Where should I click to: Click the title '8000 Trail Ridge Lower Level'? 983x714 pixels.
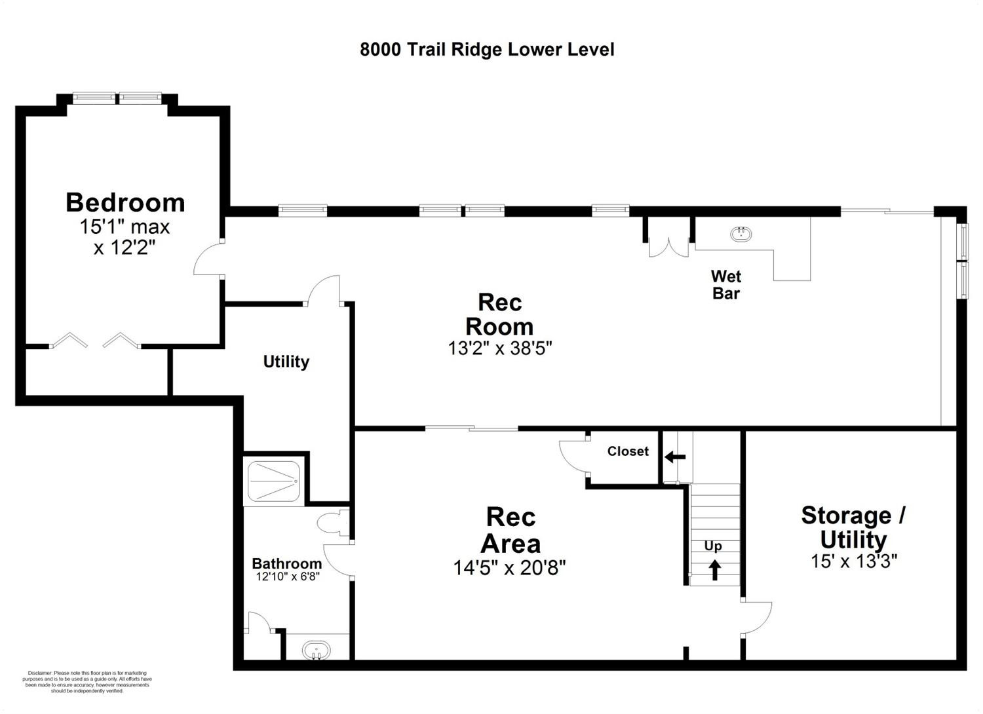coord(487,50)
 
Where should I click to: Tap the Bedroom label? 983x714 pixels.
coord(126,202)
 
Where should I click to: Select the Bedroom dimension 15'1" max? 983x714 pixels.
coord(125,227)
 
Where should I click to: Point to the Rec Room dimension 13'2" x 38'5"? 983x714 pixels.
coord(499,348)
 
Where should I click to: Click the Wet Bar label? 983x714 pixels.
coord(726,285)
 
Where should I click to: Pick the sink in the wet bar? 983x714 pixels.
coord(741,233)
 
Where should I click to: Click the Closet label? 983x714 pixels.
coord(628,451)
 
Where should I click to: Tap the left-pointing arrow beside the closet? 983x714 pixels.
coord(675,457)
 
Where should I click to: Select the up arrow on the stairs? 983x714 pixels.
coord(715,570)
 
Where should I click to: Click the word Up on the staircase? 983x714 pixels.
coord(713,546)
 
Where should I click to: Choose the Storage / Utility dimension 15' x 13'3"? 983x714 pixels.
coord(854,561)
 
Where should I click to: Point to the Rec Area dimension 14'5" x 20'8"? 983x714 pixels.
coord(509,568)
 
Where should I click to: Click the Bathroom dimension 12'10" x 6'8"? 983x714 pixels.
coord(288,576)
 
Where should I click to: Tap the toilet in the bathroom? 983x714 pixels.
coord(333,523)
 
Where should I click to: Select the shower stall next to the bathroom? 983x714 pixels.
coord(274,481)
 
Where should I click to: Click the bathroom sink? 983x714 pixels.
coord(316,650)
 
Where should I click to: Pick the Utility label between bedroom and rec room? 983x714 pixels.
coord(286,362)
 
